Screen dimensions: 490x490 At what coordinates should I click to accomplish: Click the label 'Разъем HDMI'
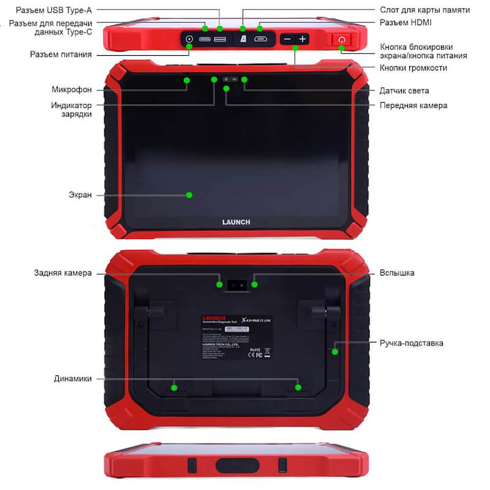point(405,23)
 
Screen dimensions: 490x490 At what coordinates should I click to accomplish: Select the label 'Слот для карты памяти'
point(424,10)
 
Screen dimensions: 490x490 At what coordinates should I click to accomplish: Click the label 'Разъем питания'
point(61,55)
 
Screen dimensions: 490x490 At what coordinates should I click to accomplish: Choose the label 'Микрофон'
point(72,90)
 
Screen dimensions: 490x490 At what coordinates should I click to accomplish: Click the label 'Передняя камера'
point(413,105)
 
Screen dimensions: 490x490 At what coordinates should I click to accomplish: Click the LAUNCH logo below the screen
point(235,222)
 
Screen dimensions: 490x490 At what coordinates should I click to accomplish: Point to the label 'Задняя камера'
point(62,273)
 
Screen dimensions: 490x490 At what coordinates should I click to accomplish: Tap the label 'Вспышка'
point(396,273)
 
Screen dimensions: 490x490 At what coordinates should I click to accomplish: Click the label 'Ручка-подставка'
point(411,343)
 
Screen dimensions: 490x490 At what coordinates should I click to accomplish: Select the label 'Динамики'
point(72,379)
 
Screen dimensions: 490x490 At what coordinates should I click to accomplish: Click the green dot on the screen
point(189,195)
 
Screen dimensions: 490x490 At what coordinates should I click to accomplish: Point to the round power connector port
point(189,39)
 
